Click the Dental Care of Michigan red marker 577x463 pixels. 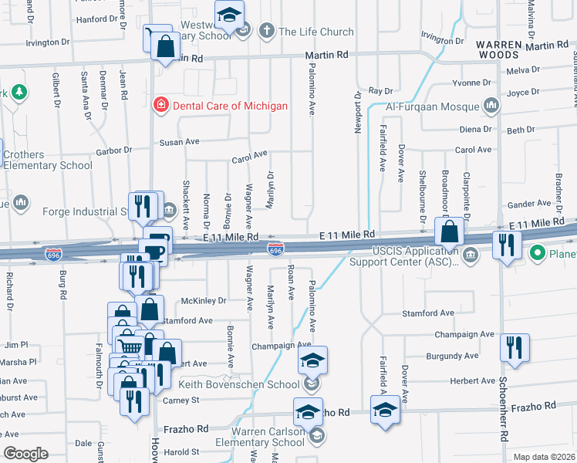[160, 105]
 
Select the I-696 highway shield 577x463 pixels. [275, 248]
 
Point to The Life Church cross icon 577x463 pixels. [267, 32]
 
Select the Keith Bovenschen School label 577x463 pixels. [239, 384]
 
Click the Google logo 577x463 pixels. [25, 454]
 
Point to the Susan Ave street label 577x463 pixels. [179, 142]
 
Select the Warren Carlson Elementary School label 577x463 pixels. [245, 437]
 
